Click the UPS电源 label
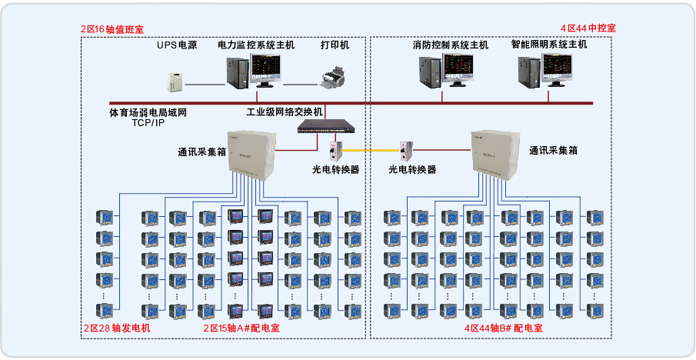pyautogui.click(x=177, y=45)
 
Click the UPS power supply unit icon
pyautogui.click(x=177, y=80)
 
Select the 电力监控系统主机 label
pyautogui.click(x=255, y=45)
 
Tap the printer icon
pyautogui.click(x=335, y=77)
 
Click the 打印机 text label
pyautogui.click(x=335, y=45)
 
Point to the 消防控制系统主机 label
pyautogui.click(x=450, y=45)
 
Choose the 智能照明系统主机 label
pyautogui.click(x=549, y=45)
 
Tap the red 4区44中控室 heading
pyautogui.click(x=588, y=28)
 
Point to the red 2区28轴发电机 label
pyautogui.click(x=117, y=328)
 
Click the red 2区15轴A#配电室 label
pyautogui.click(x=241, y=328)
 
